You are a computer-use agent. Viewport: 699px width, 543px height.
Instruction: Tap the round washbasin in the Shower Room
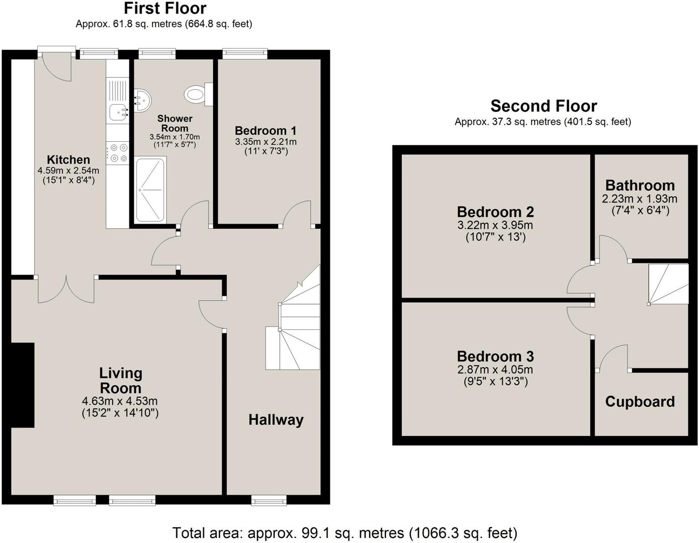(142, 100)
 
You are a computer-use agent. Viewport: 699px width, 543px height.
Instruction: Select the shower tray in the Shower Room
(150, 190)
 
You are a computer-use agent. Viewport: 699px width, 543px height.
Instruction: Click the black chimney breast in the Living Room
(23, 385)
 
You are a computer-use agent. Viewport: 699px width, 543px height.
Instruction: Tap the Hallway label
(276, 420)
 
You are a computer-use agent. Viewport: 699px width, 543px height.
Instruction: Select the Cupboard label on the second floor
(640, 402)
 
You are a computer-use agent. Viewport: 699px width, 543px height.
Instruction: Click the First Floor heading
(164, 9)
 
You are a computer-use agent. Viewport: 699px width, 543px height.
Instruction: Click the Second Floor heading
(544, 106)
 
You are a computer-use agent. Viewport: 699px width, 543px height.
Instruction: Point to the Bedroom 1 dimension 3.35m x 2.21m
(266, 142)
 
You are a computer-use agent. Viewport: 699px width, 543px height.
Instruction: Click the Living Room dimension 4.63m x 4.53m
(120, 401)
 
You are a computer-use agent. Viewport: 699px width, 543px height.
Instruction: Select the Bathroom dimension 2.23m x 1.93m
(640, 199)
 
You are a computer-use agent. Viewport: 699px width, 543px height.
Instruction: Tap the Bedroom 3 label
(495, 356)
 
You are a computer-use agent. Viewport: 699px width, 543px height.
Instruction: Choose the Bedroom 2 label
(495, 212)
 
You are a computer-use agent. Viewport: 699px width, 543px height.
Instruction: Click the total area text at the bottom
(344, 532)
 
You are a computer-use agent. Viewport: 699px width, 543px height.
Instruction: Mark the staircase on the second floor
(668, 284)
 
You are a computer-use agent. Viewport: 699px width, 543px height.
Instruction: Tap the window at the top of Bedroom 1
(245, 52)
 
